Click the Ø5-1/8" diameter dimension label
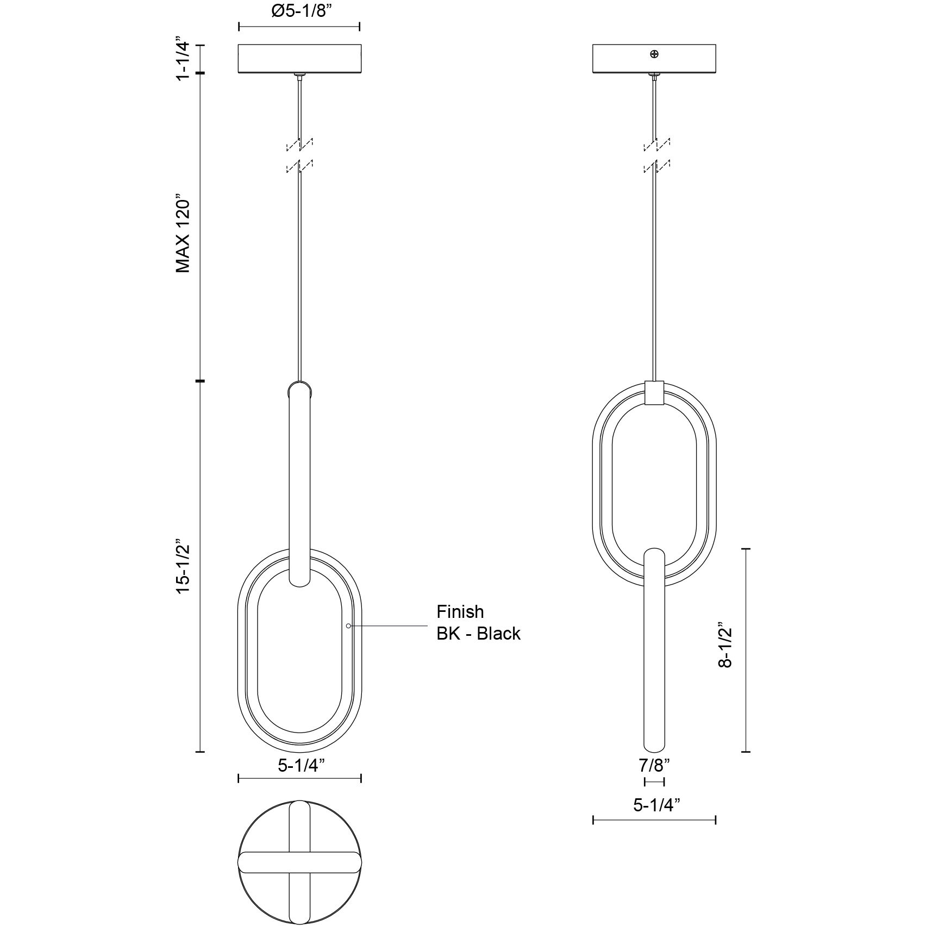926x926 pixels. [300, 11]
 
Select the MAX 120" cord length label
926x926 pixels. [183, 233]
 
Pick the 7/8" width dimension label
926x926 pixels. [654, 766]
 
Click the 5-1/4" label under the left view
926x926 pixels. [301, 765]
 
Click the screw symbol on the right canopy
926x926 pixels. [654, 53]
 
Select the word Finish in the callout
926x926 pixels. [460, 612]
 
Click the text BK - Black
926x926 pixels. [478, 634]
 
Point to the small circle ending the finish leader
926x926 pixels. [348, 626]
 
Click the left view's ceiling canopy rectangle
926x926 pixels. [300, 58]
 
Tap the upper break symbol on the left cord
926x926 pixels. [299, 144]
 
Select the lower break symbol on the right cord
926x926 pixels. [656, 166]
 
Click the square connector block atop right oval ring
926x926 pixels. [654, 392]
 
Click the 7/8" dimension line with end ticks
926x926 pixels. [654, 782]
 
